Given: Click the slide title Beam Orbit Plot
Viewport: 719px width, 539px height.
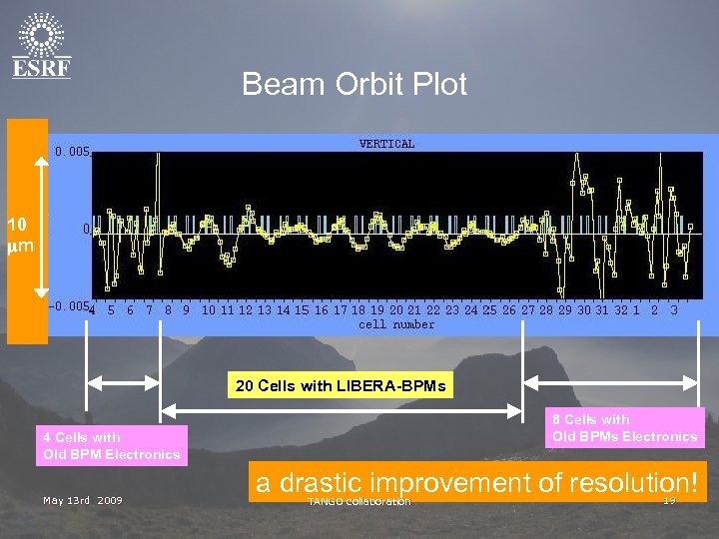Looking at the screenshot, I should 354,85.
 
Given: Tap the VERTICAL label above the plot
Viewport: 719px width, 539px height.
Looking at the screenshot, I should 386,145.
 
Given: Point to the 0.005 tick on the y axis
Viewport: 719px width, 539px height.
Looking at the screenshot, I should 72,153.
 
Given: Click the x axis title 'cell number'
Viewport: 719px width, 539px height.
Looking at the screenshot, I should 396,324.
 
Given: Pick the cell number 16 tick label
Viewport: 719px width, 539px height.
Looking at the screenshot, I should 321,310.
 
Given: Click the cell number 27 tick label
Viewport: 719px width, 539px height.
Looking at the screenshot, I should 528,310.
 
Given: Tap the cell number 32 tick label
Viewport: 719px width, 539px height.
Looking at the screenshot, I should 620,310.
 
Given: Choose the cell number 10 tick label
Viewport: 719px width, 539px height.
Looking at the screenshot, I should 208,310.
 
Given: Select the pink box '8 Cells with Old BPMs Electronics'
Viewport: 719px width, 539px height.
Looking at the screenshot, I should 625,428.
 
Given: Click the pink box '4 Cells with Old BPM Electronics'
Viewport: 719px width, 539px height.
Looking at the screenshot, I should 111,446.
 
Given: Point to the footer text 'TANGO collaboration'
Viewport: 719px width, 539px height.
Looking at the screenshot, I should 359,501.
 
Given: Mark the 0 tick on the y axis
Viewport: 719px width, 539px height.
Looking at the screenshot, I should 86,229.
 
